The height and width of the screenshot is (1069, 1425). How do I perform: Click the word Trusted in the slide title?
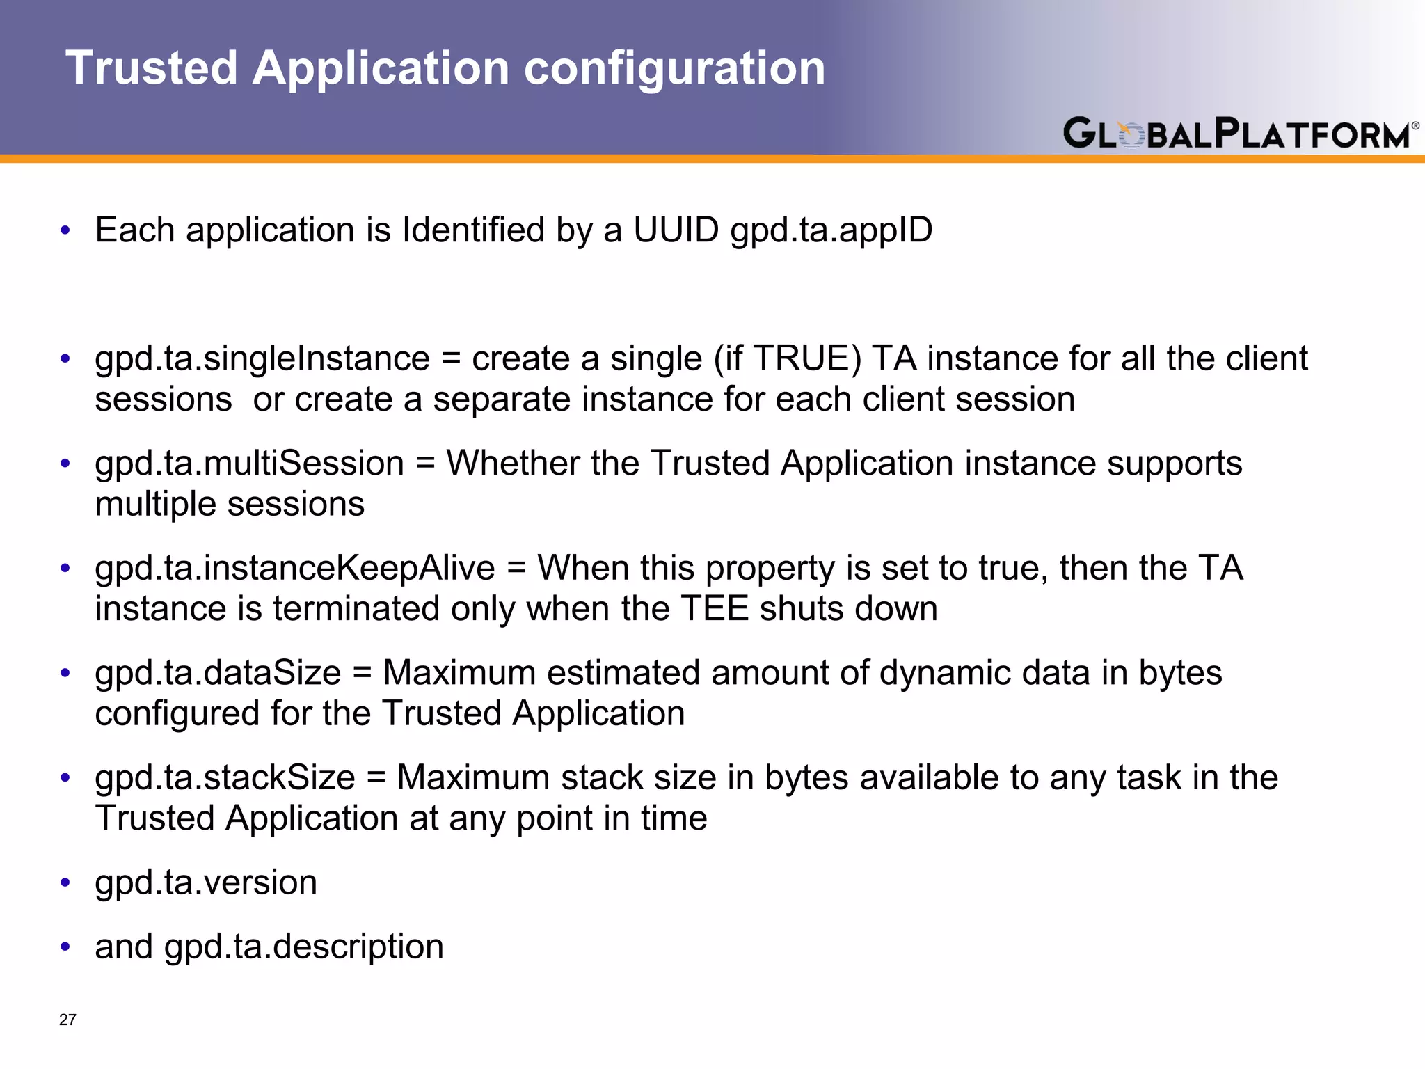[x=152, y=68]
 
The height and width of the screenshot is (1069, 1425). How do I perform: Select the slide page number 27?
[x=67, y=1020]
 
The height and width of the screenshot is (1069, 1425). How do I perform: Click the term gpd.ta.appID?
[x=831, y=230]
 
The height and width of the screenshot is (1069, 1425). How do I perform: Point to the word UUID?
[x=676, y=230]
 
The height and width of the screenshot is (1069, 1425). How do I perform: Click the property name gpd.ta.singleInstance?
[x=262, y=359]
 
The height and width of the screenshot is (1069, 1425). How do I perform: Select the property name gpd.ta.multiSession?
[x=249, y=464]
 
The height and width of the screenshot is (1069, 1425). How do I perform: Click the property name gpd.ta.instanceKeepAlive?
[x=294, y=568]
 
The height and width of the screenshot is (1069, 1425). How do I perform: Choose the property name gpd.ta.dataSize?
[x=218, y=673]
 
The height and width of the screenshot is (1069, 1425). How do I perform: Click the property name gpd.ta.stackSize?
[x=225, y=777]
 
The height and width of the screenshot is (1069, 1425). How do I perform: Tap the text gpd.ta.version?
[x=206, y=882]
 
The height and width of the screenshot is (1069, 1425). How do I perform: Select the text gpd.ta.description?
[x=304, y=947]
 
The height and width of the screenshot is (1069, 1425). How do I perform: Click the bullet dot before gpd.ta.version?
[x=65, y=882]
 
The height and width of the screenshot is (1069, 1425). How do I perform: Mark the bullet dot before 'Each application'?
[x=65, y=230]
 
